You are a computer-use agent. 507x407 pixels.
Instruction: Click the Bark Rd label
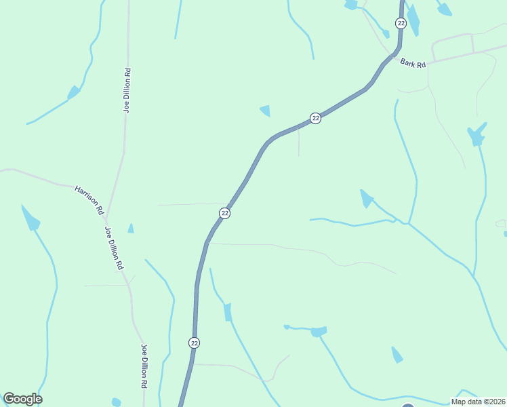tap(412, 63)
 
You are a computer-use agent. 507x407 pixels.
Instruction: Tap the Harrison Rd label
tap(89, 199)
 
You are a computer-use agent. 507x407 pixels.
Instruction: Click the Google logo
tap(22, 399)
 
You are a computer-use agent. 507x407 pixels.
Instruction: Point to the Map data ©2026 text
tap(478, 402)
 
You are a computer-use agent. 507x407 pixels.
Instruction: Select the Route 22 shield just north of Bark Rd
tap(401, 23)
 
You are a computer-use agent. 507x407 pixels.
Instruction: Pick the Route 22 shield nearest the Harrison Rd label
tap(224, 213)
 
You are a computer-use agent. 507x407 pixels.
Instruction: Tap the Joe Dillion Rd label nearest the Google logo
tap(144, 366)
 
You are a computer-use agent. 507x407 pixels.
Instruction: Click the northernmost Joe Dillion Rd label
tap(127, 90)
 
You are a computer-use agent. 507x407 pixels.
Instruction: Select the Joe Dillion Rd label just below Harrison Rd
tap(113, 248)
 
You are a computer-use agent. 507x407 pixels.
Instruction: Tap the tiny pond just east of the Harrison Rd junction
tap(131, 229)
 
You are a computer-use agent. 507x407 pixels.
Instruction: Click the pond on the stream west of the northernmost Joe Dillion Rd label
tap(73, 92)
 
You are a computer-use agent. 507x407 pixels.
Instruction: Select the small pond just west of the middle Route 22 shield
tap(266, 111)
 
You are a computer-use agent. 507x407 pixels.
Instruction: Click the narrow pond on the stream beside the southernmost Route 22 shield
tap(228, 311)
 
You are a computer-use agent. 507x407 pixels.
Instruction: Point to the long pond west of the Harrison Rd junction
tap(31, 218)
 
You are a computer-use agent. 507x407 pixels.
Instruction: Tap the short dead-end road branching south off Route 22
tap(298, 142)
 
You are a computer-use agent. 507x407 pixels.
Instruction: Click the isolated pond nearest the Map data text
tap(397, 355)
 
